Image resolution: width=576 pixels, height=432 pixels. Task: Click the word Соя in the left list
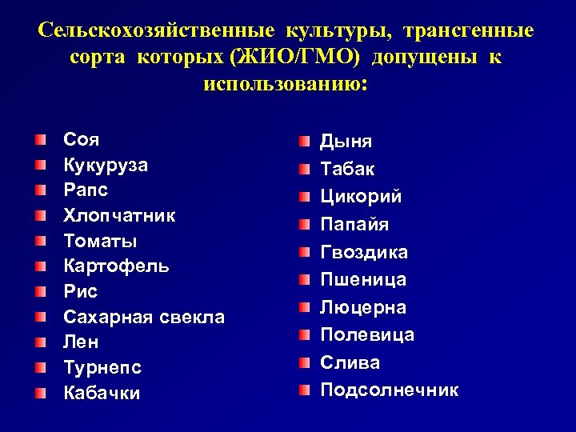click(81, 140)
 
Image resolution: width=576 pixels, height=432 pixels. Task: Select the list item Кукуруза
click(105, 165)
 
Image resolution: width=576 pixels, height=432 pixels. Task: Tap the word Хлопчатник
click(119, 215)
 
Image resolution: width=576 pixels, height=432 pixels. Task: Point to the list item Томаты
click(100, 241)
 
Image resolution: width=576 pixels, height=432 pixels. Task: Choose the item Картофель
click(116, 266)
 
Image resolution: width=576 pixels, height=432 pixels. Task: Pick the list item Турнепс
click(102, 367)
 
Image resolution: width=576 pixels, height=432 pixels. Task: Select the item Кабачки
click(102, 393)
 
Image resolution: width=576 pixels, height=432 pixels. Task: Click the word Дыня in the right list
click(346, 142)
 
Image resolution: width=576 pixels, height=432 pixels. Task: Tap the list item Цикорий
click(361, 197)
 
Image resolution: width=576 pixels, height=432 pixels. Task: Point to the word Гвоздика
click(364, 252)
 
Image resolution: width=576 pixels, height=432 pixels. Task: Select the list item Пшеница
click(363, 280)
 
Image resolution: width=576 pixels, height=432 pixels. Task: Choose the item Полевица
click(367, 334)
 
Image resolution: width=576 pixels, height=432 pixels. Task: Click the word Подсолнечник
click(390, 390)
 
